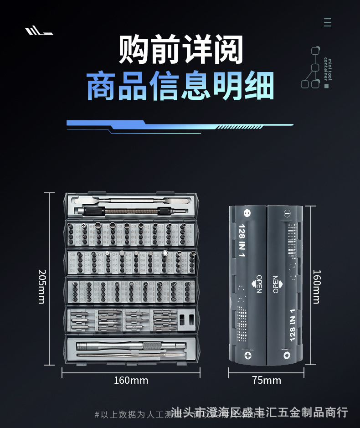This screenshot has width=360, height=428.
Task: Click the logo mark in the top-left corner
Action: click(x=39, y=31)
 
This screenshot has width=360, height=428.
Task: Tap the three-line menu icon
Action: click(x=327, y=22)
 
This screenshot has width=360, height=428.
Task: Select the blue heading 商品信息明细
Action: click(x=180, y=86)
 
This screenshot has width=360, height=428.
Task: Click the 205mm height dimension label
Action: click(x=42, y=287)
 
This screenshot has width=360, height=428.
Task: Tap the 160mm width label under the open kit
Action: click(x=131, y=380)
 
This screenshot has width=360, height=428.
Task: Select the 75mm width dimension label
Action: click(x=267, y=380)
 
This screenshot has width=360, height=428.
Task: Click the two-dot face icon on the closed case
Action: click(x=247, y=213)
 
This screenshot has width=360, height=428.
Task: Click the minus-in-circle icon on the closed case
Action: click(x=287, y=213)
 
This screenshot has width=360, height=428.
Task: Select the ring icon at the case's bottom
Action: click(x=287, y=354)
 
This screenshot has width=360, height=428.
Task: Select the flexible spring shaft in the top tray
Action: click(x=132, y=211)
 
